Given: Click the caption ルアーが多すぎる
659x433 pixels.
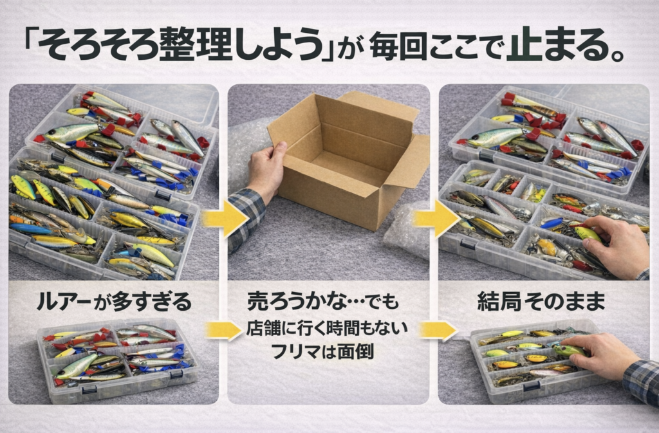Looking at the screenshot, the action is (113, 302).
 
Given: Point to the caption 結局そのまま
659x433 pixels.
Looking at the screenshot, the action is (541, 301).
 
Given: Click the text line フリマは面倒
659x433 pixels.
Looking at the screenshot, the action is (322, 351).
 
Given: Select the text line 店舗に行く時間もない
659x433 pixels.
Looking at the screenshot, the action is (327, 328).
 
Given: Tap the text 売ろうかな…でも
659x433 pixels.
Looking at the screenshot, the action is (322, 302).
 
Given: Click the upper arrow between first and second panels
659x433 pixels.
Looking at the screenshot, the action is (225, 218).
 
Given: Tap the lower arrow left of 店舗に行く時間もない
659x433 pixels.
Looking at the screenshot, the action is (225, 330).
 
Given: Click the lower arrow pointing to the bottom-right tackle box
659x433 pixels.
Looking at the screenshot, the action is (438, 330).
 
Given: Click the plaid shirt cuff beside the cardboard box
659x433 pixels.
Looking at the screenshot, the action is (245, 218).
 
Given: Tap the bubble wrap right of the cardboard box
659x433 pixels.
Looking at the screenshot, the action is (406, 230).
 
